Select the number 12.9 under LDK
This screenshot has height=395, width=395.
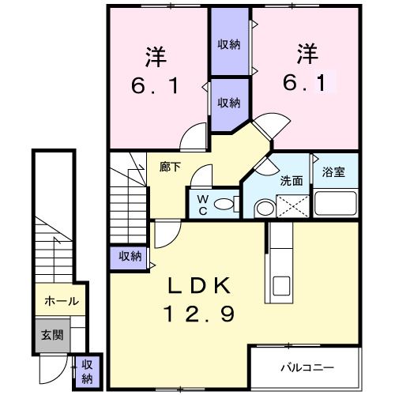click(x=200, y=314)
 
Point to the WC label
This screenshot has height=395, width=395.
click(x=201, y=205)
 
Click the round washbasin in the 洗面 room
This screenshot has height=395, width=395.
click(x=263, y=209)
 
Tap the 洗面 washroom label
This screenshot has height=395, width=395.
click(x=292, y=180)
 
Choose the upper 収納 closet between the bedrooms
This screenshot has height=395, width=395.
click(x=229, y=44)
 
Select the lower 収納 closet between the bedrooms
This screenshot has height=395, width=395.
click(x=229, y=103)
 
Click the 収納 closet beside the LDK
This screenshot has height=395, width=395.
click(x=130, y=256)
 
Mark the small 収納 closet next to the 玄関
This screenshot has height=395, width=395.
click(x=87, y=370)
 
